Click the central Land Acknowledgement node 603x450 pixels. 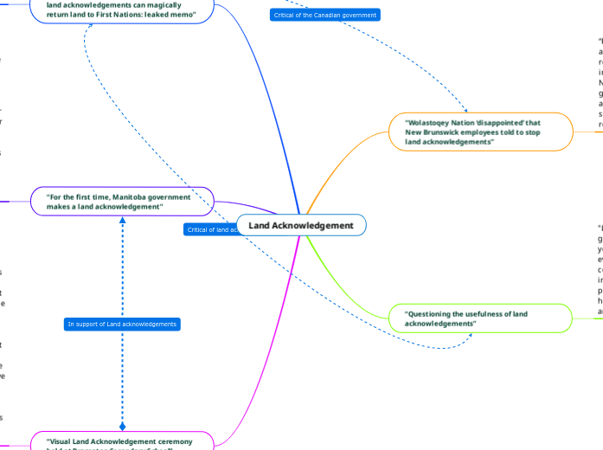click(x=301, y=226)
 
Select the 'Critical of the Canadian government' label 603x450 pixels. click(x=324, y=16)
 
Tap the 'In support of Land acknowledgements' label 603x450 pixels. click(x=122, y=324)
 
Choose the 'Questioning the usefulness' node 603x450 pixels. click(x=480, y=318)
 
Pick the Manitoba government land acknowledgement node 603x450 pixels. click(x=122, y=202)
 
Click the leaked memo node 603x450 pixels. click(x=122, y=10)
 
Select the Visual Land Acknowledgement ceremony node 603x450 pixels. click(x=122, y=441)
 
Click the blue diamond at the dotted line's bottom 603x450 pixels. click(x=122, y=427)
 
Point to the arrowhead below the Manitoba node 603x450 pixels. click(x=122, y=220)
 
